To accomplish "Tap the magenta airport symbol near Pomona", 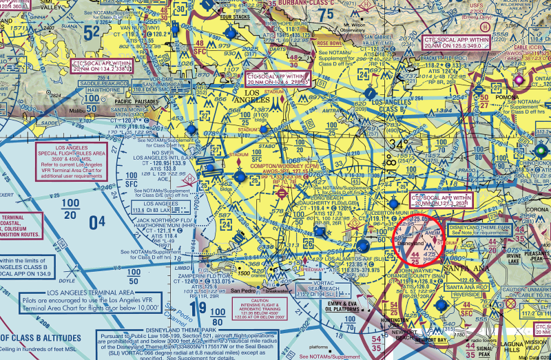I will click(x=520, y=81).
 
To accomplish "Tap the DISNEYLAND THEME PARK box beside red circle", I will click(x=479, y=230).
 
